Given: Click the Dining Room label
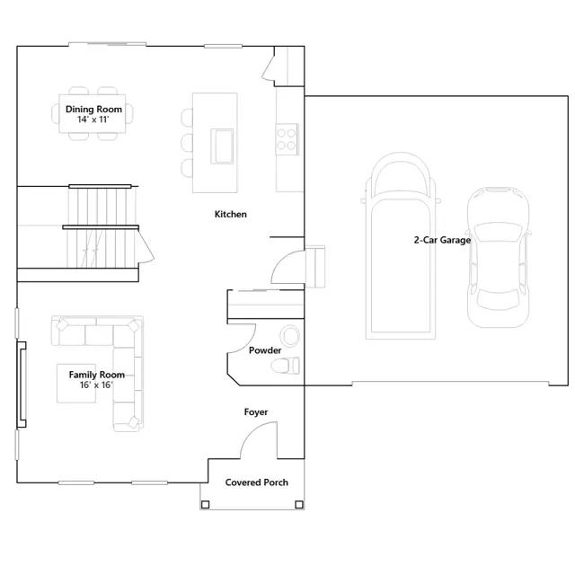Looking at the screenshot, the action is pos(93,110).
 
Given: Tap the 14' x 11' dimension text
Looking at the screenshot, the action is pos(93,119).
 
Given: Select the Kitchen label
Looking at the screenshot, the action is pos(230,214).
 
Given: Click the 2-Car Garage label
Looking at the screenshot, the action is pos(442,240).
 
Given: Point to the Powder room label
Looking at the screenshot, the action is pos(265,350).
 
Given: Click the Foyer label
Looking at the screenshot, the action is pos(256,412).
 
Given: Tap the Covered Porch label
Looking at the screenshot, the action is pos(257,482).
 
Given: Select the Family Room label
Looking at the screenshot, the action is pos(97,375).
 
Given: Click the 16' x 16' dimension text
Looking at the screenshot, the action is pos(97,385).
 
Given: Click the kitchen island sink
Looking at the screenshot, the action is pos(222,146).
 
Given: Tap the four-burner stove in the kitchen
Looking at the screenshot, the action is pos(287,139).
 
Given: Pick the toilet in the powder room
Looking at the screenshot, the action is pos(286,366).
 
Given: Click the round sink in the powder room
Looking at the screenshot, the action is pos(290,335).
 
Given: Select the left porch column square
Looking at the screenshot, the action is pos(206,505).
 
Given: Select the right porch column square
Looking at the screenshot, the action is pos(299,505).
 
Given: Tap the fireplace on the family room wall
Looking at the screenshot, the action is pos(22,385).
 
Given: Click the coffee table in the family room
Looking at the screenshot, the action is pos(76,384).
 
